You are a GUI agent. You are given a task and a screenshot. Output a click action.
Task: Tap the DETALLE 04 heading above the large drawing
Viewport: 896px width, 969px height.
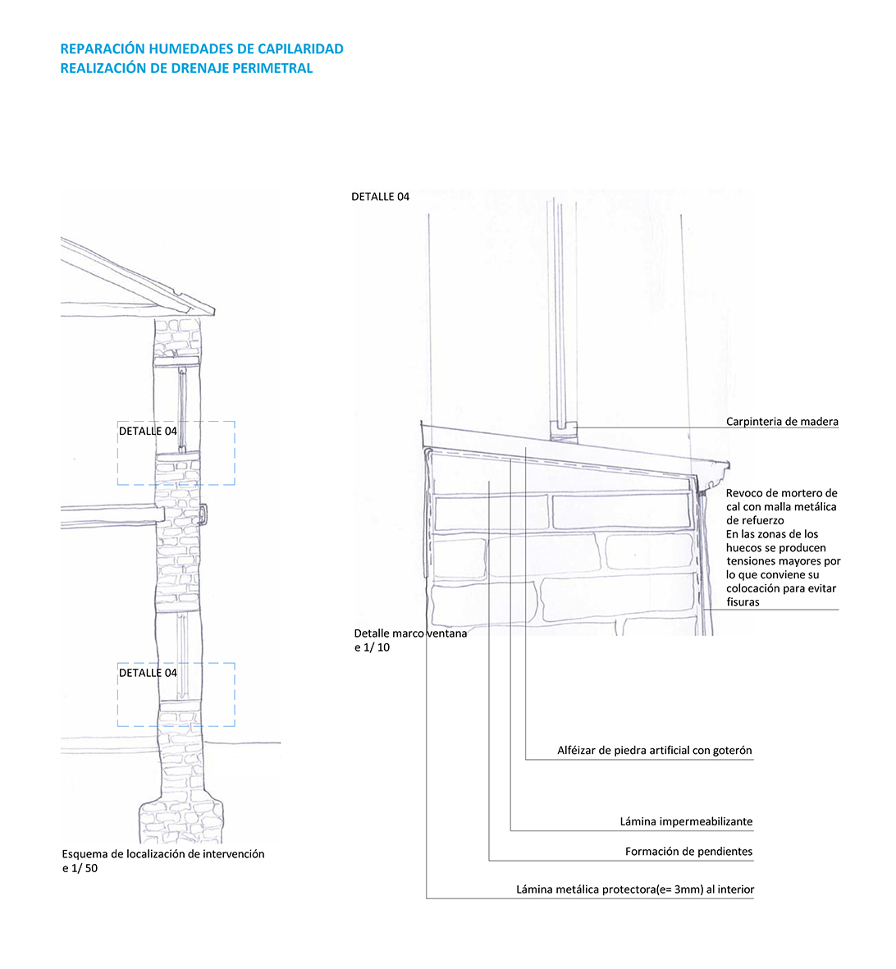pos(380,197)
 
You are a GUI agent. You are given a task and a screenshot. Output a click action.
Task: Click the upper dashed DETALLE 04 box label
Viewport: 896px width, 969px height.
pos(148,432)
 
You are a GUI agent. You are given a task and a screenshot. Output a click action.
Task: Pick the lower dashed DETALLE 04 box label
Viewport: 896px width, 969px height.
pos(148,673)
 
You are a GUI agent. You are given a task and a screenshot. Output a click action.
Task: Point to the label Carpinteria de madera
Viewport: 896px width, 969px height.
pos(782,422)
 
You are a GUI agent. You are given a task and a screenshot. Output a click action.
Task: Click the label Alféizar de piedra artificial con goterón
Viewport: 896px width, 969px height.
pos(654,751)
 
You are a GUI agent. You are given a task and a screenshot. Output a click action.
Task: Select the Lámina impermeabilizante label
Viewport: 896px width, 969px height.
pos(686,822)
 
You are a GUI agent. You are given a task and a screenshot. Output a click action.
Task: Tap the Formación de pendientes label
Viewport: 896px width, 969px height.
pos(688,852)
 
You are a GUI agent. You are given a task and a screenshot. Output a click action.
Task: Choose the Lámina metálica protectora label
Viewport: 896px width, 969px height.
pos(634,889)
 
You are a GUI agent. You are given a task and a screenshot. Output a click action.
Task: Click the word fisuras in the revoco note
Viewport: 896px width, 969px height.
pos(743,602)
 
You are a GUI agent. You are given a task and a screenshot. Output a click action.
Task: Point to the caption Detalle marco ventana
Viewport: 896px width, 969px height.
pos(410,633)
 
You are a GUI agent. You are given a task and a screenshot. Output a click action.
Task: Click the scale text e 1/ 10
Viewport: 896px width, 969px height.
pos(372,647)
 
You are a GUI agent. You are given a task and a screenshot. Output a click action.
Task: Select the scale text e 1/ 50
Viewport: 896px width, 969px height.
pos(80,868)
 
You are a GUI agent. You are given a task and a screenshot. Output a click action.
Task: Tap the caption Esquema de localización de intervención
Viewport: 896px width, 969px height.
pos(163,854)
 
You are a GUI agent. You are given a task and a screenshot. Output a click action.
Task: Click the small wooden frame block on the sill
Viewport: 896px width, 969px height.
pos(563,431)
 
